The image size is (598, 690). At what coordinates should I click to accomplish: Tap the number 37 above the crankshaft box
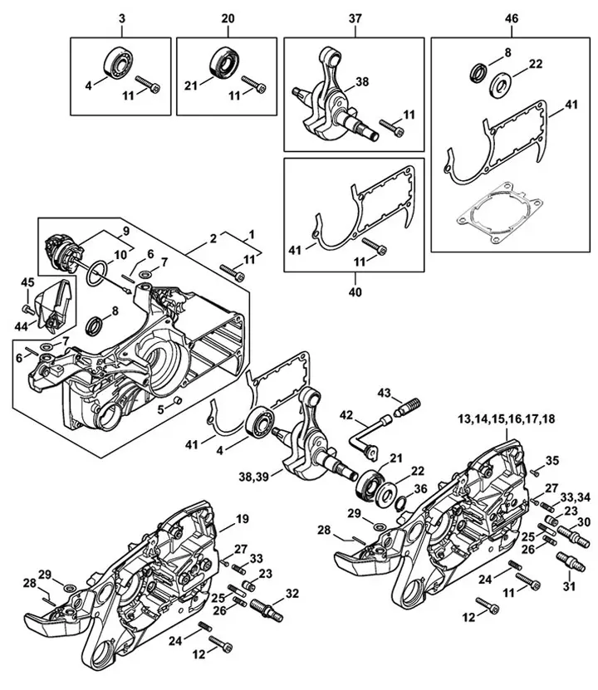click(x=356, y=17)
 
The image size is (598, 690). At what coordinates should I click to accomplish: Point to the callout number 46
click(x=511, y=17)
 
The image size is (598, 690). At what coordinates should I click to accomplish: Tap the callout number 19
click(x=243, y=519)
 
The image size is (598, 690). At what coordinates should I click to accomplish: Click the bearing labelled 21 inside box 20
click(x=226, y=63)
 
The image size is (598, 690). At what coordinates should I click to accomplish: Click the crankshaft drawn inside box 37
click(x=332, y=100)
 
